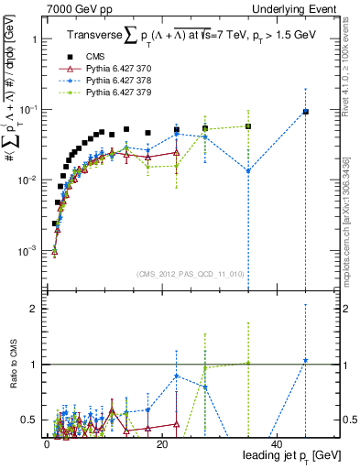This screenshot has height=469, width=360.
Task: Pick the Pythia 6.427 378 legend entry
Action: coord(101,80)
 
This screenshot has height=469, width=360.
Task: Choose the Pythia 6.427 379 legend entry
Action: coord(101,92)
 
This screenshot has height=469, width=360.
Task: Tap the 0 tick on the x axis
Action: coord(47,444)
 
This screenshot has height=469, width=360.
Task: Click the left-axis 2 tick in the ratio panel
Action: coord(37,309)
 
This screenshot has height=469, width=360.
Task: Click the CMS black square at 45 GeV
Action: coord(305,112)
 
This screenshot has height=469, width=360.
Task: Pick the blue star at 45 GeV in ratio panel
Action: coord(305,360)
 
